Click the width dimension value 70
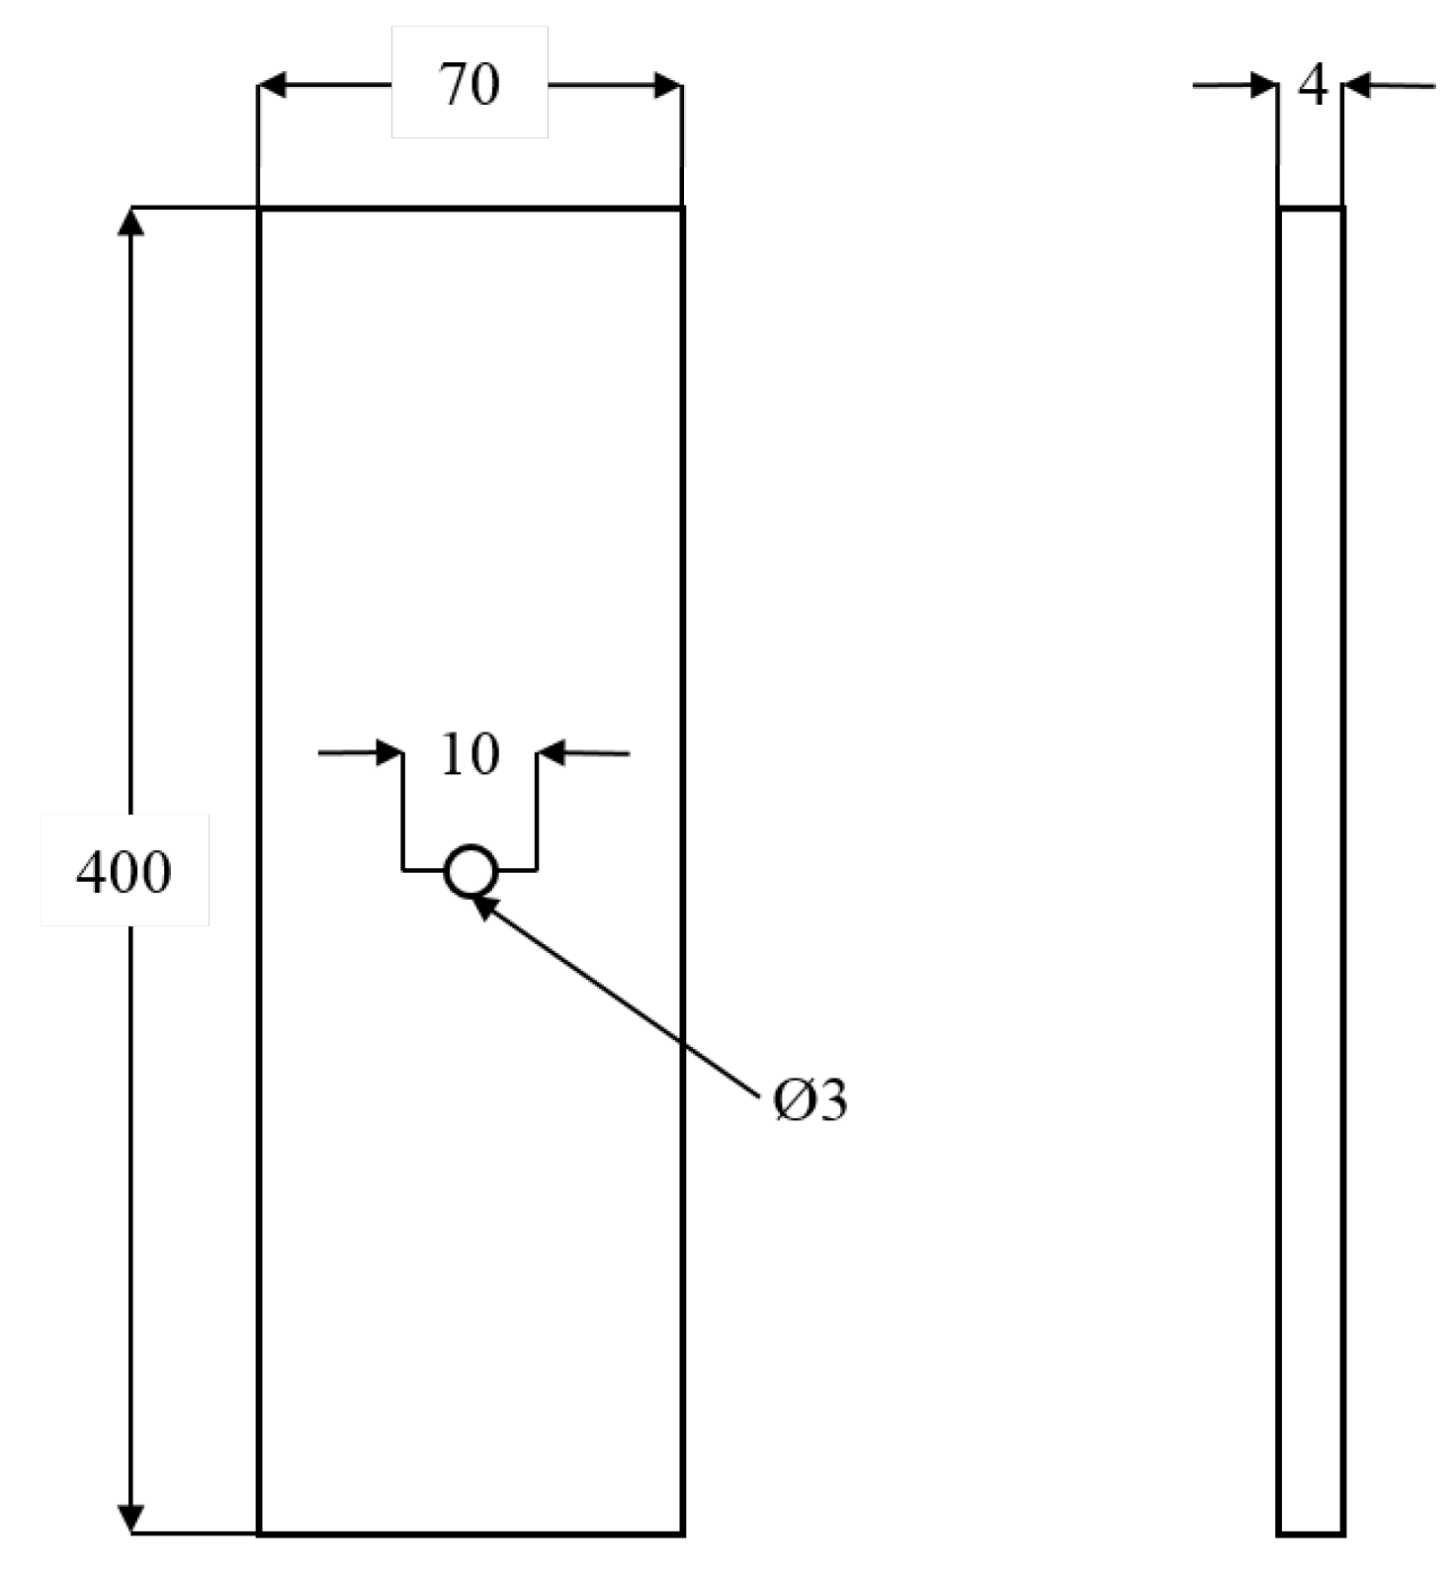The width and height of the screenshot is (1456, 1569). pyautogui.click(x=470, y=85)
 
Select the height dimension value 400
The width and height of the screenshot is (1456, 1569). pyautogui.click(x=124, y=872)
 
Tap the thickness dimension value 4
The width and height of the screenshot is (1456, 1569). pyautogui.click(x=1312, y=86)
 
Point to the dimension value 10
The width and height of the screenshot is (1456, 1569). pyautogui.click(x=470, y=754)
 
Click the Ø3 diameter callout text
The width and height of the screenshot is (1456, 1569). pyautogui.click(x=811, y=1100)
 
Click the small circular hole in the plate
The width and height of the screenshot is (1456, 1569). pyautogui.click(x=471, y=871)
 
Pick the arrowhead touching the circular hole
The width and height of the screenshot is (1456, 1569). pyautogui.click(x=481, y=904)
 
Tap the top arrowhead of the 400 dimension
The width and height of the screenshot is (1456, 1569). pyautogui.click(x=130, y=221)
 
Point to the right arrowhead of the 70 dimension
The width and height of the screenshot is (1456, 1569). pyautogui.click(x=667, y=85)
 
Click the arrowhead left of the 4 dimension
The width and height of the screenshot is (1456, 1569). pyautogui.click(x=1264, y=86)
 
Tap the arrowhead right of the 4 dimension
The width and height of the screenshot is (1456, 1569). pyautogui.click(x=1358, y=86)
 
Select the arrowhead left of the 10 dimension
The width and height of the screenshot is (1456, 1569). pyautogui.click(x=389, y=753)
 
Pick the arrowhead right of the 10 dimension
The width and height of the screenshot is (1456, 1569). pyautogui.click(x=552, y=753)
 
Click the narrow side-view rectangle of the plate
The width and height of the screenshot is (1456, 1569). pyautogui.click(x=1310, y=870)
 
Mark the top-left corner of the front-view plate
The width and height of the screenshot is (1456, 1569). pyautogui.click(x=259, y=209)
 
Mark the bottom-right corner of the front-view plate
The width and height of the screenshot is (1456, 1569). pyautogui.click(x=682, y=1533)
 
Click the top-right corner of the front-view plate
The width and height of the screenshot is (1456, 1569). pyautogui.click(x=682, y=209)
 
